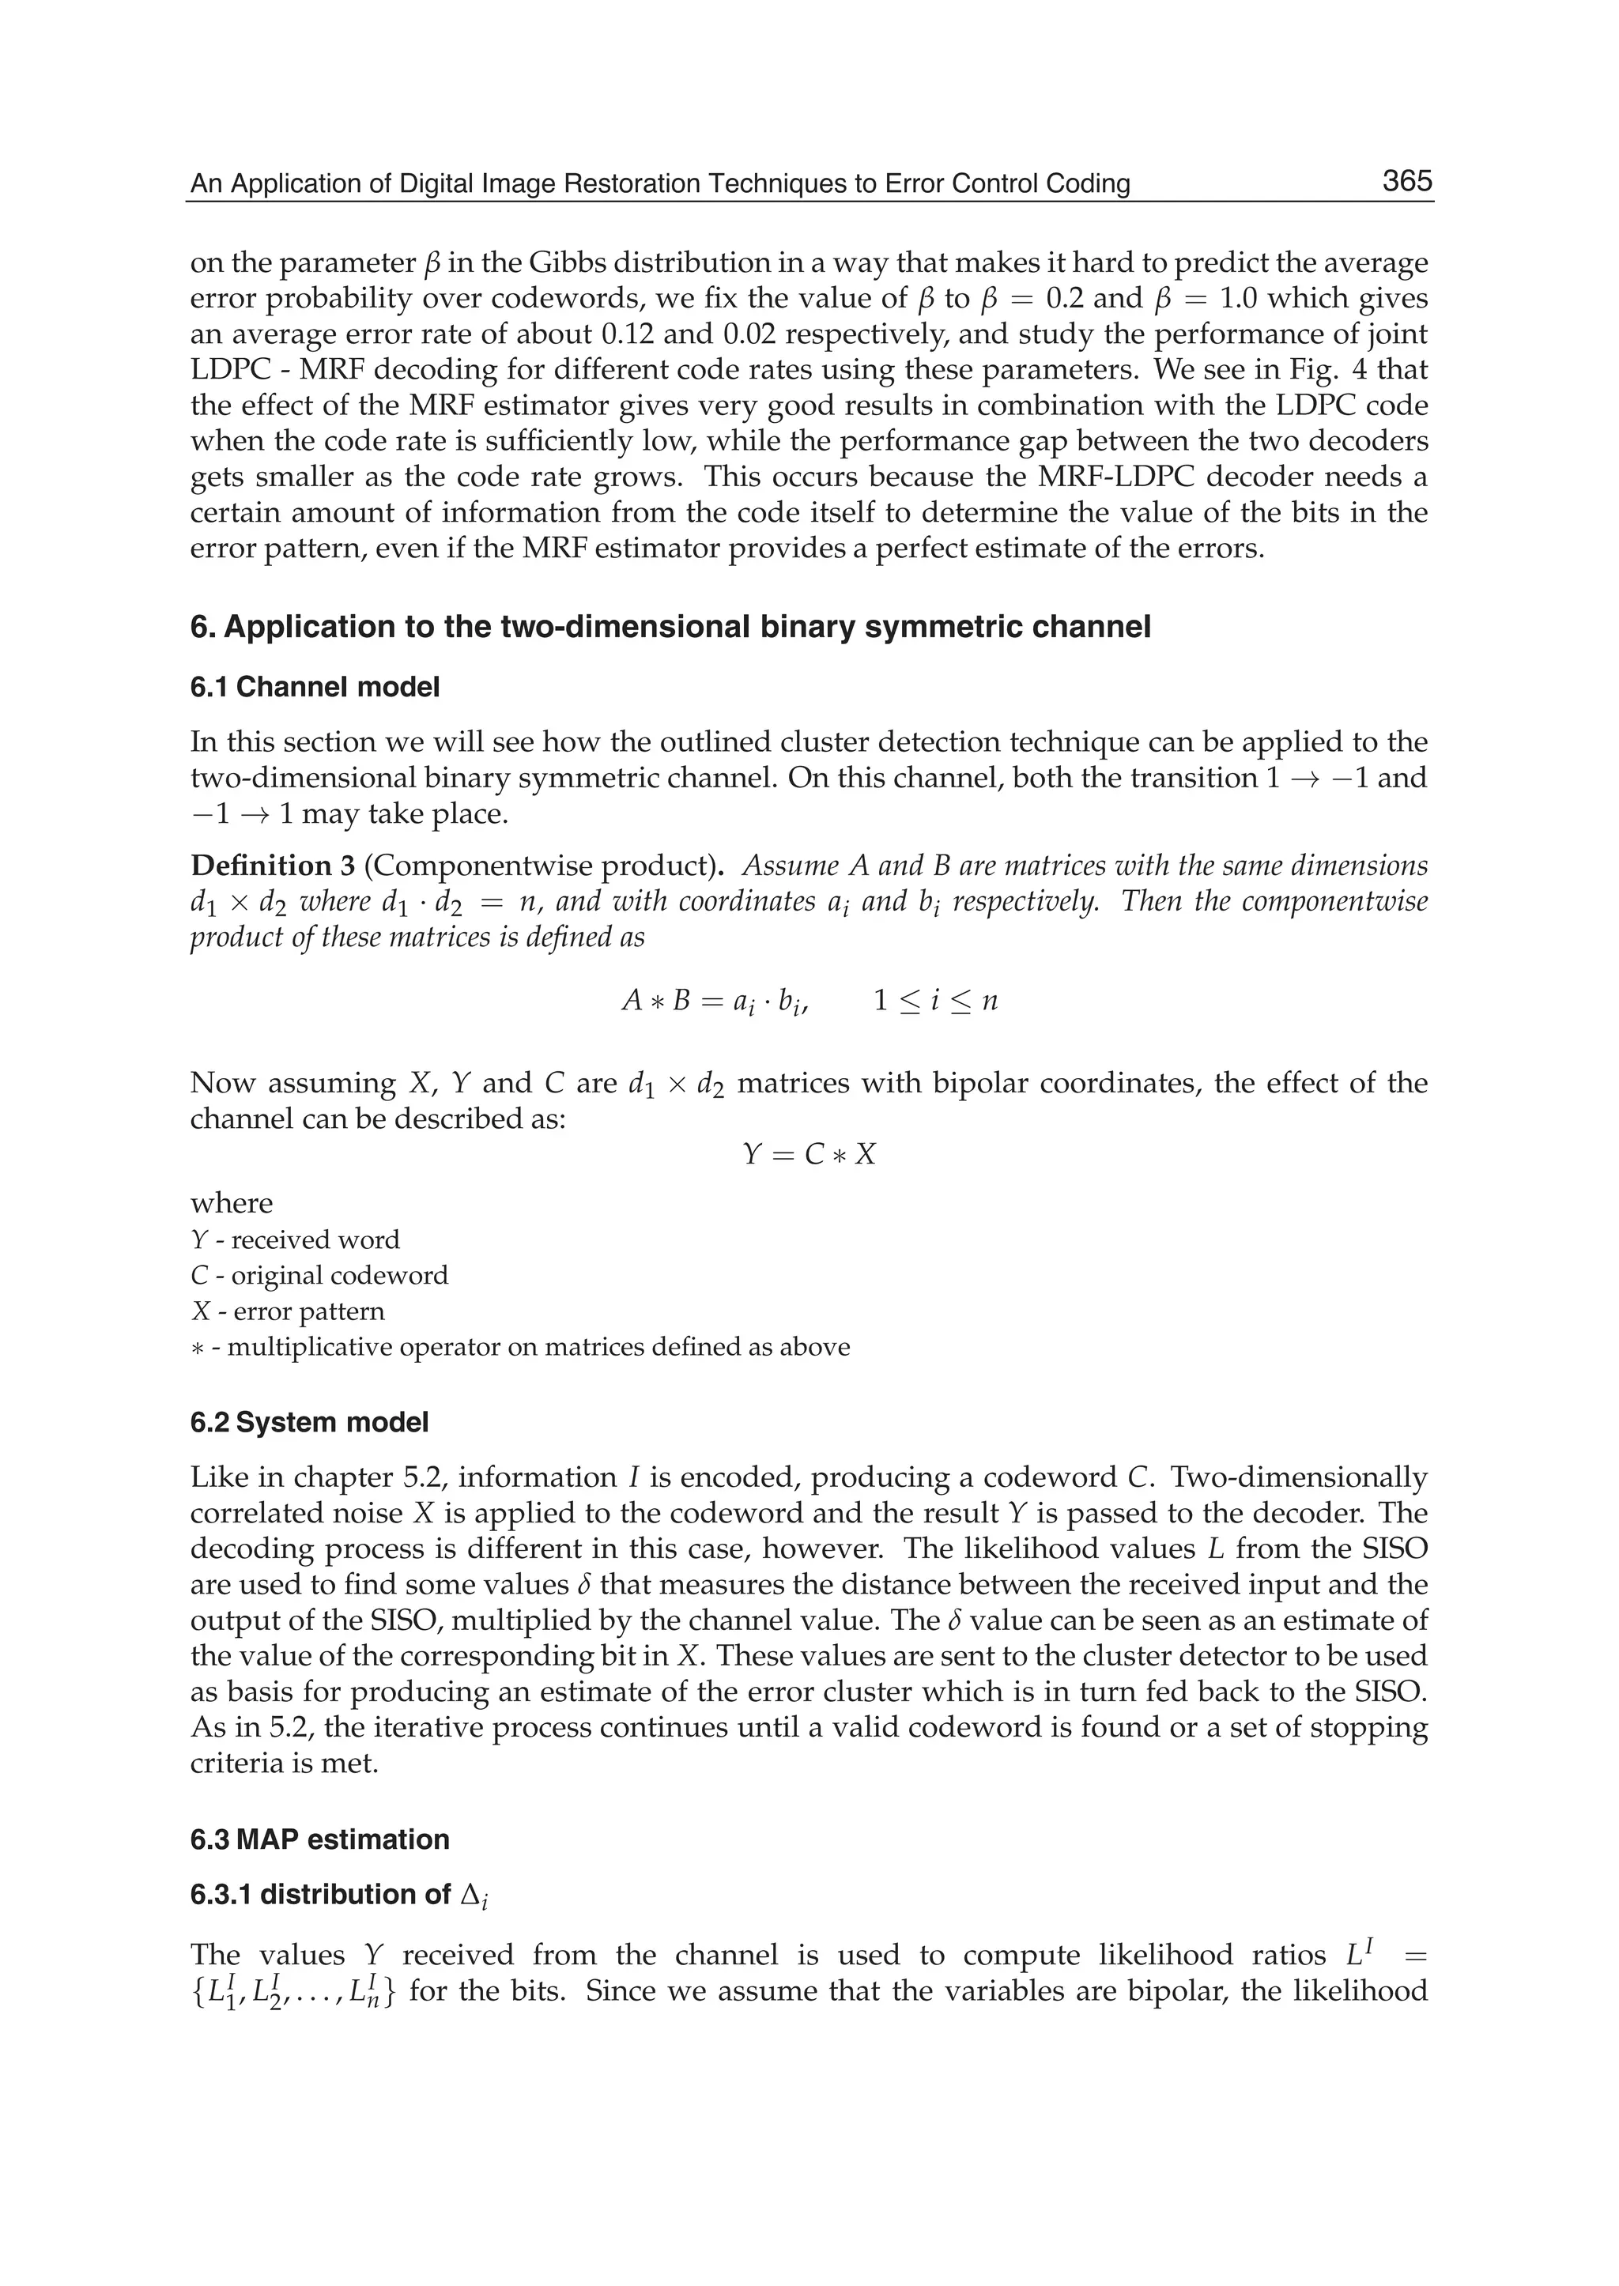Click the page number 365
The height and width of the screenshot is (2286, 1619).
click(1406, 182)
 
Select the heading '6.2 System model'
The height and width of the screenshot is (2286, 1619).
click(309, 1422)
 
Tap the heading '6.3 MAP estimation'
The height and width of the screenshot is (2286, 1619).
click(319, 1839)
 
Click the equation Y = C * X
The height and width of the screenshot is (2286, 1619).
click(809, 1155)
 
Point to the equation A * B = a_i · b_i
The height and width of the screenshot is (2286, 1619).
click(714, 1001)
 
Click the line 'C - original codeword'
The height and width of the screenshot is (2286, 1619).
click(319, 1275)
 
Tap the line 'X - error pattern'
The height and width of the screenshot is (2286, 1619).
click(287, 1311)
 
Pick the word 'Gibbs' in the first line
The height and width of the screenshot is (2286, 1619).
click(565, 263)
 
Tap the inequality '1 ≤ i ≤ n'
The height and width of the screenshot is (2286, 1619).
click(935, 1001)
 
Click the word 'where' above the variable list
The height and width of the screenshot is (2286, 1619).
click(232, 1203)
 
